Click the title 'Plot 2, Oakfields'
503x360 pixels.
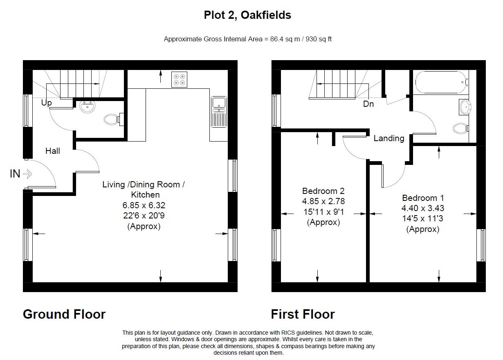(x=247, y=15)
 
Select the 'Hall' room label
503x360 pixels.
(x=53, y=151)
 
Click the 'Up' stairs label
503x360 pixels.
(x=47, y=103)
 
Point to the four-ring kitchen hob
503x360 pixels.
(x=179, y=79)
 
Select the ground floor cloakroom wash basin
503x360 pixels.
(x=88, y=107)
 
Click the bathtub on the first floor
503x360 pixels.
(x=440, y=82)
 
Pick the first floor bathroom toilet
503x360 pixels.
(x=462, y=128)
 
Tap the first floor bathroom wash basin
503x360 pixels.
(x=465, y=107)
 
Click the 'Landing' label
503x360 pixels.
(x=389, y=138)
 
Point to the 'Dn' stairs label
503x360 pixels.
(x=368, y=104)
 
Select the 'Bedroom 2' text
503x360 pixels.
(x=323, y=191)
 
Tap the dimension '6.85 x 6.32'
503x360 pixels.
(x=144, y=205)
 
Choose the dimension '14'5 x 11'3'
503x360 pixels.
(x=423, y=218)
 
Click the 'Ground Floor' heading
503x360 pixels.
(x=64, y=314)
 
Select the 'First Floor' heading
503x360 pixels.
(x=303, y=314)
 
